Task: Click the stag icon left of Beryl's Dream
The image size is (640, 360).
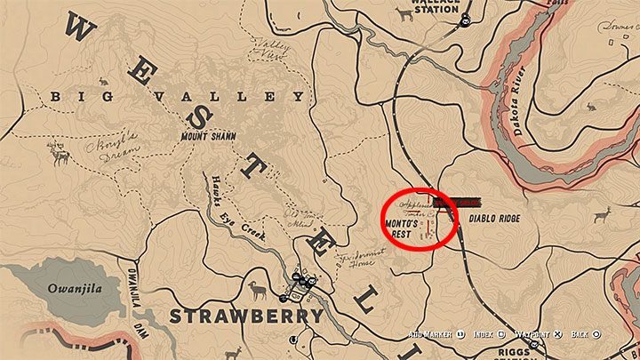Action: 60,157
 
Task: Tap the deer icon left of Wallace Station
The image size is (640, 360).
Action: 406,13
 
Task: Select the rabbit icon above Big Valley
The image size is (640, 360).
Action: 103,82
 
